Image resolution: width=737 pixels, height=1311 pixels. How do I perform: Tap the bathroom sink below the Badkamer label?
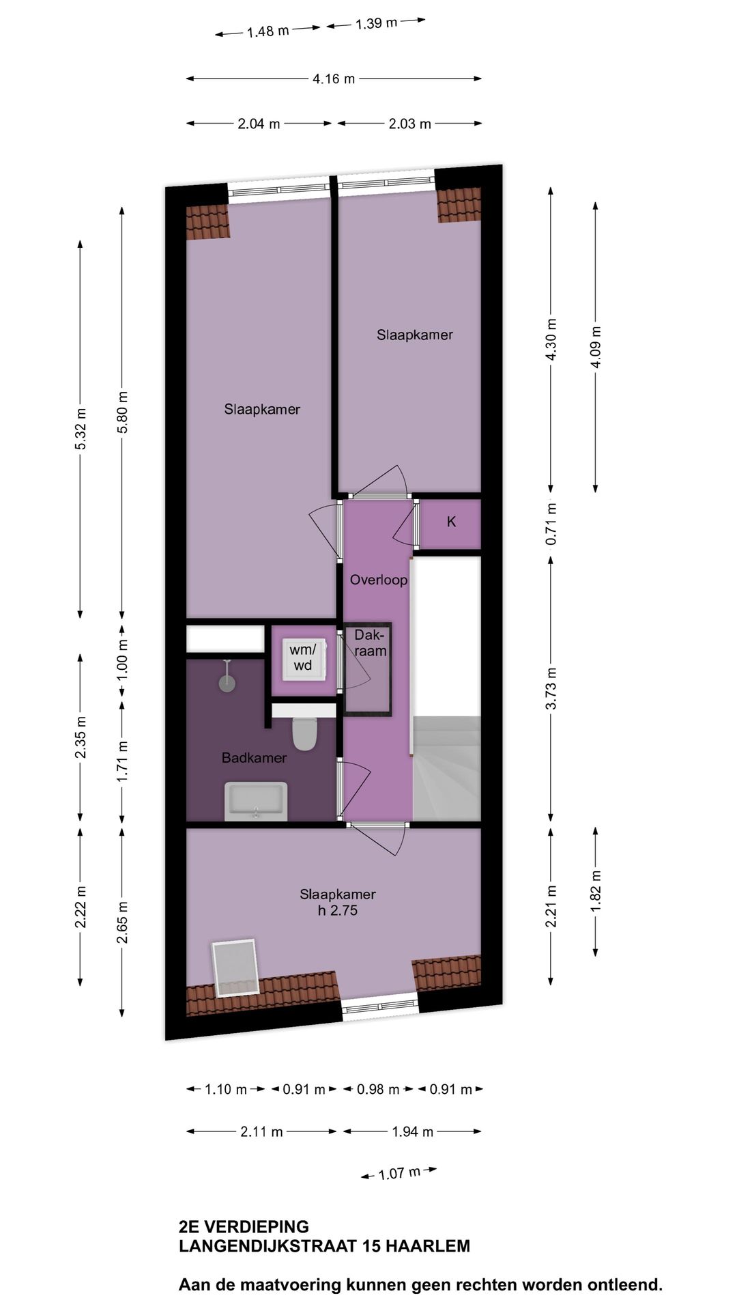click(x=256, y=801)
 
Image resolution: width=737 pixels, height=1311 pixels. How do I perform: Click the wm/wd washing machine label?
click(x=302, y=657)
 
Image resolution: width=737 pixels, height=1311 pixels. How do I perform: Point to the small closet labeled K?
click(x=451, y=522)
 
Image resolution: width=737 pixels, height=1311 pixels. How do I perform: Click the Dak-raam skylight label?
click(x=369, y=643)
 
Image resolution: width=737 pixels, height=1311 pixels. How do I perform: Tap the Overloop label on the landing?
click(x=378, y=580)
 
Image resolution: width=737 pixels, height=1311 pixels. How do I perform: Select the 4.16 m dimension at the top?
click(x=334, y=79)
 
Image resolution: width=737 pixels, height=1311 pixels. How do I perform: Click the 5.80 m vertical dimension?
click(x=122, y=412)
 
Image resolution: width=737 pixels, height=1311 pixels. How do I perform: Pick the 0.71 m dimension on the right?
click(x=551, y=524)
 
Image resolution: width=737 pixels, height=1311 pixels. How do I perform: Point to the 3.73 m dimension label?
click(x=551, y=688)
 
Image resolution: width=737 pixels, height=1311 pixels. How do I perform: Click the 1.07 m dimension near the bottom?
click(x=400, y=1174)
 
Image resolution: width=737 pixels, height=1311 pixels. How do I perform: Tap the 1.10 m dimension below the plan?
click(x=226, y=1090)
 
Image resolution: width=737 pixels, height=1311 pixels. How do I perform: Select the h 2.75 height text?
click(x=338, y=911)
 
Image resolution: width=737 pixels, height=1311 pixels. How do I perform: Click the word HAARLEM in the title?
click(x=428, y=1246)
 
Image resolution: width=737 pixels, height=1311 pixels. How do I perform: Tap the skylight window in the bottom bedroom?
click(x=235, y=968)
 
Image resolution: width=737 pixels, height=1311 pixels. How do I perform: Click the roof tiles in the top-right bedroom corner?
click(x=459, y=206)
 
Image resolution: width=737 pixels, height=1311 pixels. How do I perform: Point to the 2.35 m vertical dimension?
click(x=81, y=737)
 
